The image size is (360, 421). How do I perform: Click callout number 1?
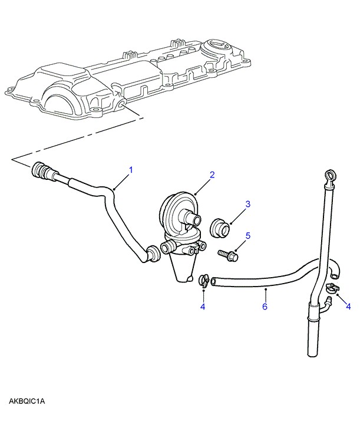pyautogui.click(x=131, y=170)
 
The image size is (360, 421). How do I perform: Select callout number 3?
pyautogui.click(x=248, y=204)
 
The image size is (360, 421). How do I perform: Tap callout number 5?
pyautogui.click(x=248, y=235)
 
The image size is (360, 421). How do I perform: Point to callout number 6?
pyautogui.click(x=265, y=307)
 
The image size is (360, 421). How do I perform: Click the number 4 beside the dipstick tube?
pyautogui.click(x=348, y=306)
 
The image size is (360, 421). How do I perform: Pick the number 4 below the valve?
pyautogui.click(x=203, y=307)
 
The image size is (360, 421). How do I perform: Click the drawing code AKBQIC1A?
pyautogui.click(x=27, y=402)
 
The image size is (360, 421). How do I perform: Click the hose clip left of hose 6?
pyautogui.click(x=204, y=279)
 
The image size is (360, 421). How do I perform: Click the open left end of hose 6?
pyautogui.click(x=214, y=283)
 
